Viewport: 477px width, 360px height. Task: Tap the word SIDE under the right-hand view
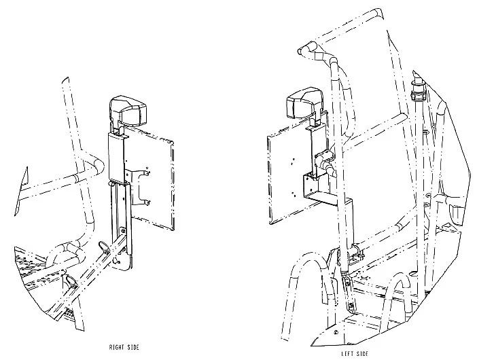(133, 347)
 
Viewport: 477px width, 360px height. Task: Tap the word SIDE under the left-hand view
(362, 354)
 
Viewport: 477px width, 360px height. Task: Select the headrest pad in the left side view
(304, 105)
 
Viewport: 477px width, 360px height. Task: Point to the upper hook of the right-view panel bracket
(147, 173)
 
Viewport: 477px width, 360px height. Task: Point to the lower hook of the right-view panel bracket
(147, 202)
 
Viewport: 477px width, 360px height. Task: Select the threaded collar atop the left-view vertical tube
(417, 92)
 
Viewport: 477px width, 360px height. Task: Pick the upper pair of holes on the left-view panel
(292, 161)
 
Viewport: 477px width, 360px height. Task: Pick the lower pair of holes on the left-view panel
(292, 194)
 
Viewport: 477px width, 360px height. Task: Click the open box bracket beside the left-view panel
(316, 187)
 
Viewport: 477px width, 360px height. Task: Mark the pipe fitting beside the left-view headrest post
(325, 162)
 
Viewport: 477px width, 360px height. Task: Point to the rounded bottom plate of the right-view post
(121, 262)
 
